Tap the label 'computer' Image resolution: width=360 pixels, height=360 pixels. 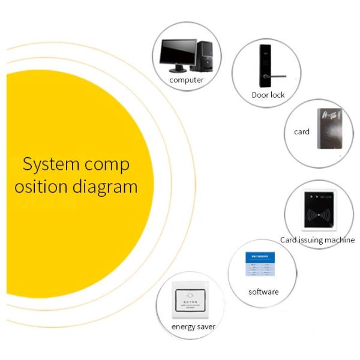pyautogui.click(x=187, y=80)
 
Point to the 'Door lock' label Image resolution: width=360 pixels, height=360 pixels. pyautogui.click(x=268, y=95)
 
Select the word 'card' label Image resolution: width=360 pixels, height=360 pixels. pyautogui.click(x=302, y=131)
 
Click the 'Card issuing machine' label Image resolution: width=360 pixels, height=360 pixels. pyautogui.click(x=317, y=240)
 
